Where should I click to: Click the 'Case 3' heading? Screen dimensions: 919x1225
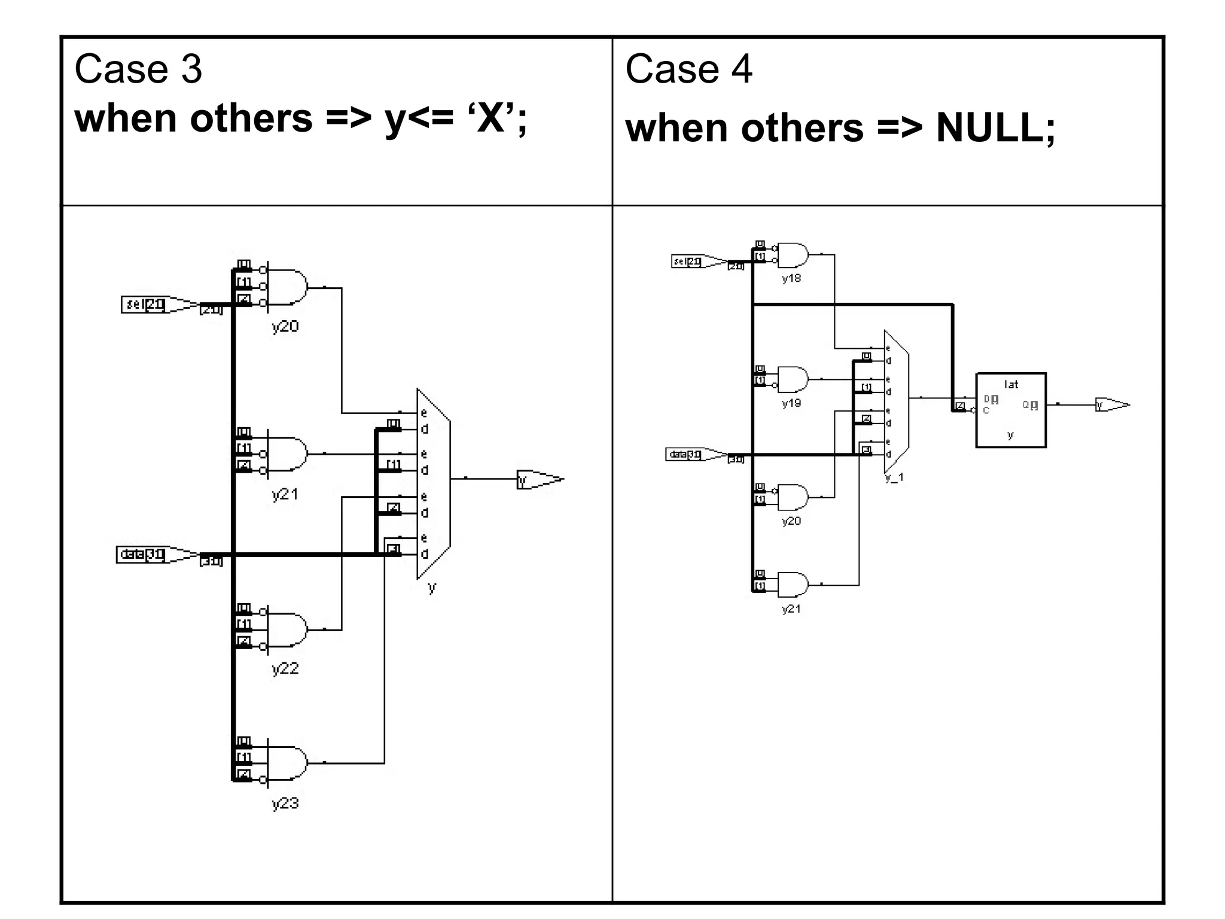point(138,69)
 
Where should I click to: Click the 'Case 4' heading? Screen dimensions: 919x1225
point(688,69)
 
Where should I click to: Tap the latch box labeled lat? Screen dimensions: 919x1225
point(1011,410)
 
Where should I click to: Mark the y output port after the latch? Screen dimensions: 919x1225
point(1112,405)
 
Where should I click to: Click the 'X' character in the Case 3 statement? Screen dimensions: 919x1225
point(491,118)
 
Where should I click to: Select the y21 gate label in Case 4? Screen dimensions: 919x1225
point(791,609)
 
